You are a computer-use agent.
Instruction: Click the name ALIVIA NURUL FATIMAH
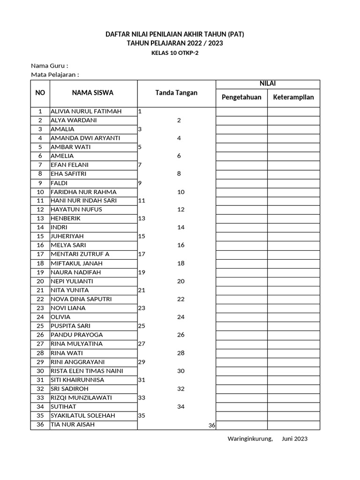pos(86,111)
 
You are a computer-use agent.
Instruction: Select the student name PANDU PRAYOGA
pos(77,335)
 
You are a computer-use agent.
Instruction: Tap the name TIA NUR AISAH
pos(73,424)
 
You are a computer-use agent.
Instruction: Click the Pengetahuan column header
pos(241,97)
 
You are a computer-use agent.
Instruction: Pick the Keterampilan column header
pos(293,97)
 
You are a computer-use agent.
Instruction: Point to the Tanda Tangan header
pos(176,93)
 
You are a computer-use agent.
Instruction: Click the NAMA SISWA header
pos(93,93)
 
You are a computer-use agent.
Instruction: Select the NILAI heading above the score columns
pos(268,84)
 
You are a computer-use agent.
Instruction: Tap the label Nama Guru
pos(49,66)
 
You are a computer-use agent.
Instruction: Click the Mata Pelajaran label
pos(55,75)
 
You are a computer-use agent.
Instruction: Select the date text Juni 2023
pos(295,439)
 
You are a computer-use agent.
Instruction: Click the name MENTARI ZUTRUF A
pos(80,254)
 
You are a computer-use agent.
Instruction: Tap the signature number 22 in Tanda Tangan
pos(181,299)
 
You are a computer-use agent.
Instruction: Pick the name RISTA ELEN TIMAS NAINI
pos(87,371)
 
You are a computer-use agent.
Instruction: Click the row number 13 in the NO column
pos(40,218)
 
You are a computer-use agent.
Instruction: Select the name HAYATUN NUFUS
pos(76,210)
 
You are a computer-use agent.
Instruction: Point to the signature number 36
pos(211,425)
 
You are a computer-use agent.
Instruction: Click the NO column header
pos(40,93)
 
